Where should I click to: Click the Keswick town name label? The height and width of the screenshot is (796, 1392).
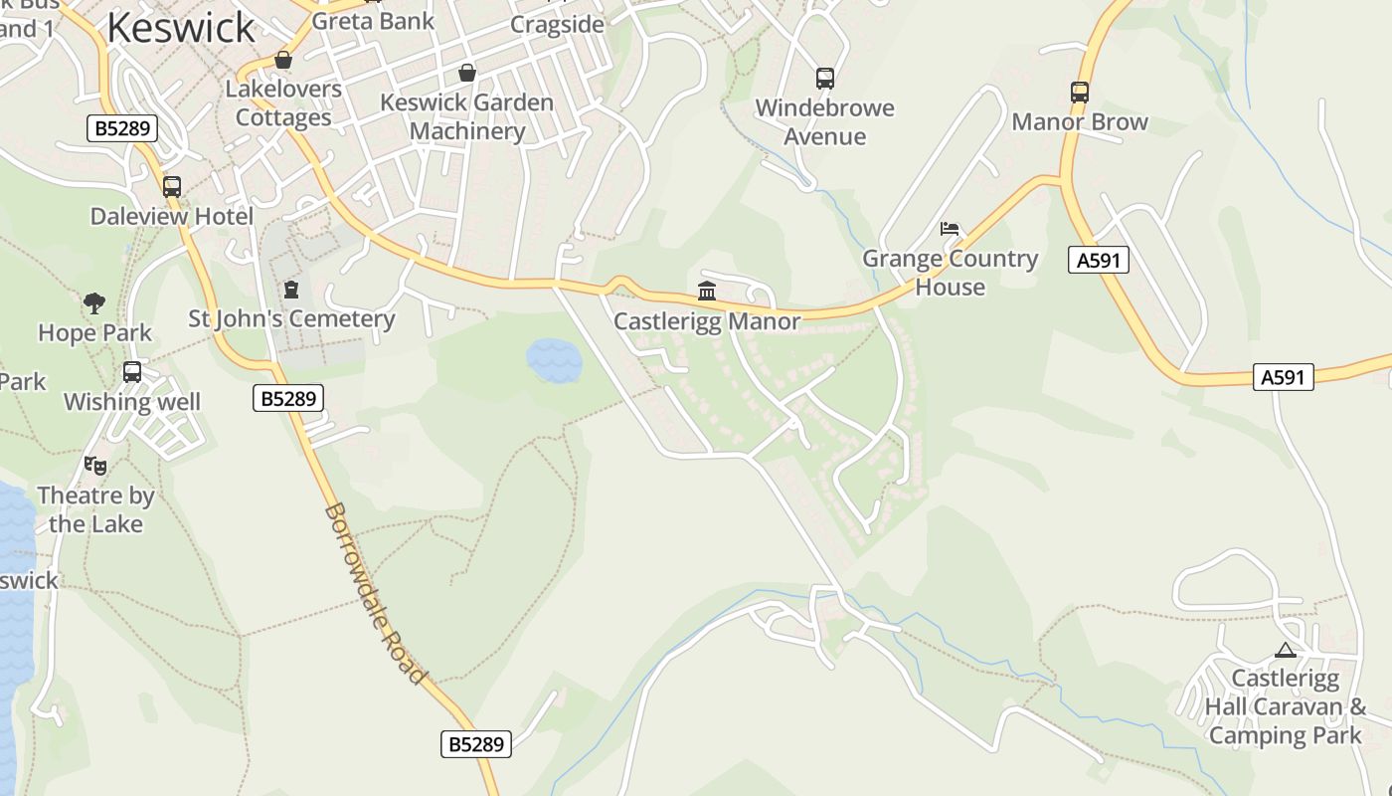[180, 27]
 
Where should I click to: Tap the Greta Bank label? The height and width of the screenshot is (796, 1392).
[373, 21]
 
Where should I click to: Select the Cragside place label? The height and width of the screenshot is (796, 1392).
[557, 25]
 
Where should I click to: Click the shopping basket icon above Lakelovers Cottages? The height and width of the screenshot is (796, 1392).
[283, 60]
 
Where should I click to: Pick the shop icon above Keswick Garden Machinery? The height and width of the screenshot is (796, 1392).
[466, 73]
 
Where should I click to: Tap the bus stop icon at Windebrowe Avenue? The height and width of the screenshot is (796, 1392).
[824, 78]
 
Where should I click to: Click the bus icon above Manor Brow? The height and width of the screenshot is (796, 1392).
[1080, 92]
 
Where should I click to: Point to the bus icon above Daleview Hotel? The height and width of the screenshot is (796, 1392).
[172, 186]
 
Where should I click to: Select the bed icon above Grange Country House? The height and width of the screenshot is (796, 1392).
[950, 229]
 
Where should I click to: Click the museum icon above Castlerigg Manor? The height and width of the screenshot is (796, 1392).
[707, 291]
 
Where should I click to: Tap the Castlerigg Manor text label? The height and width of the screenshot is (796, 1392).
[707, 321]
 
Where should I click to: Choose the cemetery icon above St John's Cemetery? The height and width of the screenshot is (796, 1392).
[291, 290]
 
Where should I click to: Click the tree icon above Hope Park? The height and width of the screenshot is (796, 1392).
[94, 302]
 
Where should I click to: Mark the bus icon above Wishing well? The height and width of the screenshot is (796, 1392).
[132, 372]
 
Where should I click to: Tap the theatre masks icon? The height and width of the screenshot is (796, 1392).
[95, 465]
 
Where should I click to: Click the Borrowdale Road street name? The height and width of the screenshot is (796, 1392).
[376, 593]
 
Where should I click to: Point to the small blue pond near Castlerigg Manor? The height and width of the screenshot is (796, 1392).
[554, 360]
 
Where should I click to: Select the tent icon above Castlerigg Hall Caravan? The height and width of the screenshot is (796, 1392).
[1286, 651]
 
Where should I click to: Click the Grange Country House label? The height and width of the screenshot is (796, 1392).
[950, 273]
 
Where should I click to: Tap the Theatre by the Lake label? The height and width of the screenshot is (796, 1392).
[95, 509]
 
